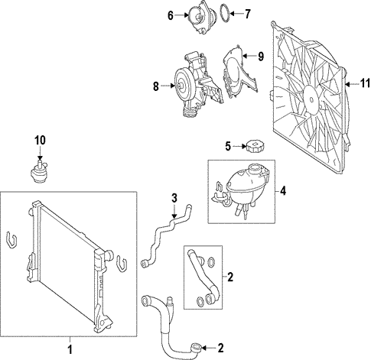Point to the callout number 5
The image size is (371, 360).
click(x=228, y=146)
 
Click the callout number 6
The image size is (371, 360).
click(x=171, y=14)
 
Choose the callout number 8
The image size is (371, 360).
click(x=155, y=86)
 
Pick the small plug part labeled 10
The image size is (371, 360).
click(x=38, y=173)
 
